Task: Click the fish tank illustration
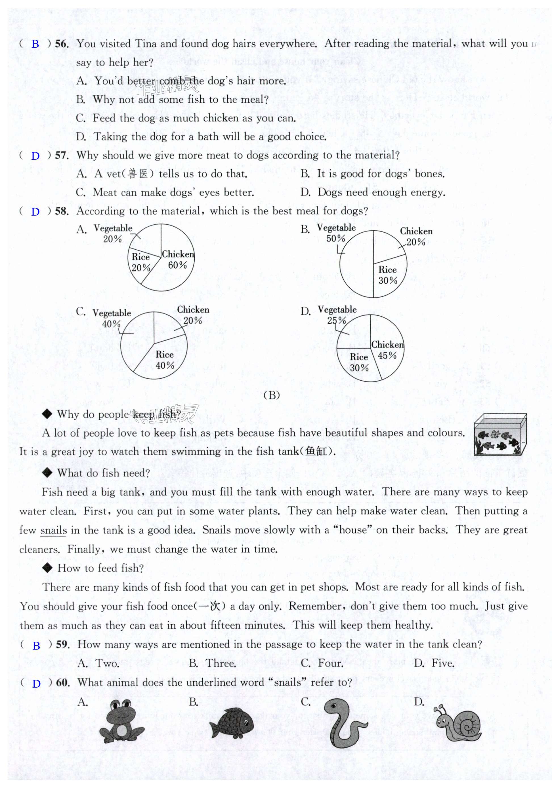(x=500, y=435)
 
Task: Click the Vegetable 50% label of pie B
(x=336, y=233)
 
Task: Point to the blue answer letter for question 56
(x=35, y=44)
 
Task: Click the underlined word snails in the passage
(x=54, y=530)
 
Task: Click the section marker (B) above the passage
(x=272, y=395)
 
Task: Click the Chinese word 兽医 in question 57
(x=138, y=174)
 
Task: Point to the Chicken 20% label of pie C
(x=193, y=315)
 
